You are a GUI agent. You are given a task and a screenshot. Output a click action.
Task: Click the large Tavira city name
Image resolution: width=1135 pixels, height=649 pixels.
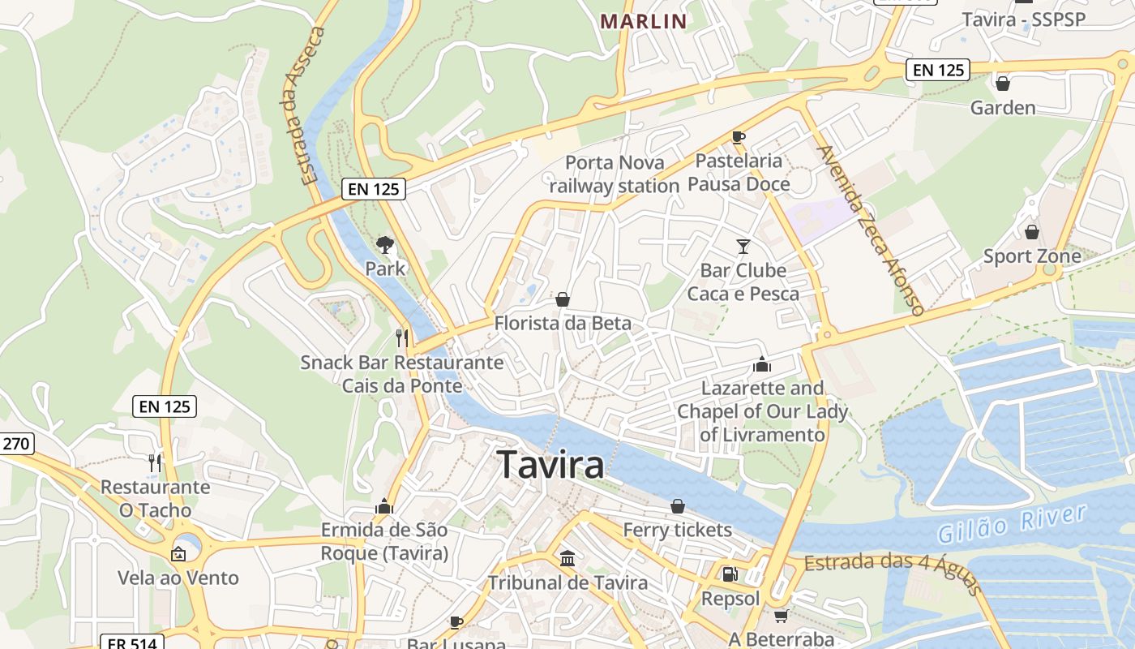(x=551, y=465)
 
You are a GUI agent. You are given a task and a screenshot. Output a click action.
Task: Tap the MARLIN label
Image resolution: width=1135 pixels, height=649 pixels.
(x=644, y=21)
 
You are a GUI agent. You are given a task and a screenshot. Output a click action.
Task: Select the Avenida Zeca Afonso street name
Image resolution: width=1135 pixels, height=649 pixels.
(x=870, y=230)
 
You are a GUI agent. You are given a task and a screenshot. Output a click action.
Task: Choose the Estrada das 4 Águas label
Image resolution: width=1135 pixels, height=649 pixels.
(x=893, y=573)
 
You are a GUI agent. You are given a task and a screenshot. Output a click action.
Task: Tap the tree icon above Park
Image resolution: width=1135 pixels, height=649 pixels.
(x=385, y=244)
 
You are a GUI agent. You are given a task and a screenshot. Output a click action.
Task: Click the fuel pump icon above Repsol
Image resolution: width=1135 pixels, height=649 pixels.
(x=730, y=574)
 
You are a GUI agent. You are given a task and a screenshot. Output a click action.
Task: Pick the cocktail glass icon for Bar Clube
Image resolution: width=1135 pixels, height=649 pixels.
(x=743, y=246)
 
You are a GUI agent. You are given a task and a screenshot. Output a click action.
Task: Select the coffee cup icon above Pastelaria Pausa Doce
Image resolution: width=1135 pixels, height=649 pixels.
(x=738, y=136)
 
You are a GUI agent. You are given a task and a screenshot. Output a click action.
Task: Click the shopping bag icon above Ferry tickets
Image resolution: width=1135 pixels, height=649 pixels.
(x=678, y=506)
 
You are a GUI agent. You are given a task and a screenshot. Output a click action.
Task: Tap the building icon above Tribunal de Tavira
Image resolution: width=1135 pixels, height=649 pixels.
(x=567, y=558)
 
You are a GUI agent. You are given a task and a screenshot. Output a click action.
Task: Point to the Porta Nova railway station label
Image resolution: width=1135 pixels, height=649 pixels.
(x=615, y=174)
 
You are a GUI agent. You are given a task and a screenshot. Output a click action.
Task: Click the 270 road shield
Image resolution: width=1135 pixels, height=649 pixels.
(x=16, y=443)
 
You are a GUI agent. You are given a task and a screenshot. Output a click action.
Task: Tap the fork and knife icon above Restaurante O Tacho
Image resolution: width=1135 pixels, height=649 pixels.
(x=154, y=463)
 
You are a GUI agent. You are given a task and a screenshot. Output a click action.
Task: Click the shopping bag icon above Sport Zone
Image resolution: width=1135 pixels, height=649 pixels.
(x=1031, y=232)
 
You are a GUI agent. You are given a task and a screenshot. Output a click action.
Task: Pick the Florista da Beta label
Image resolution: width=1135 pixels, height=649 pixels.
(x=563, y=323)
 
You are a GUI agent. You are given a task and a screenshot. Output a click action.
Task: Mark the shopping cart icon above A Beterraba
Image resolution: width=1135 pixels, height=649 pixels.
(x=781, y=616)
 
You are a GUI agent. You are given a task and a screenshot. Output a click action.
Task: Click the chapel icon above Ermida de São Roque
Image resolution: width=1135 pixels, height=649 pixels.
(x=384, y=507)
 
